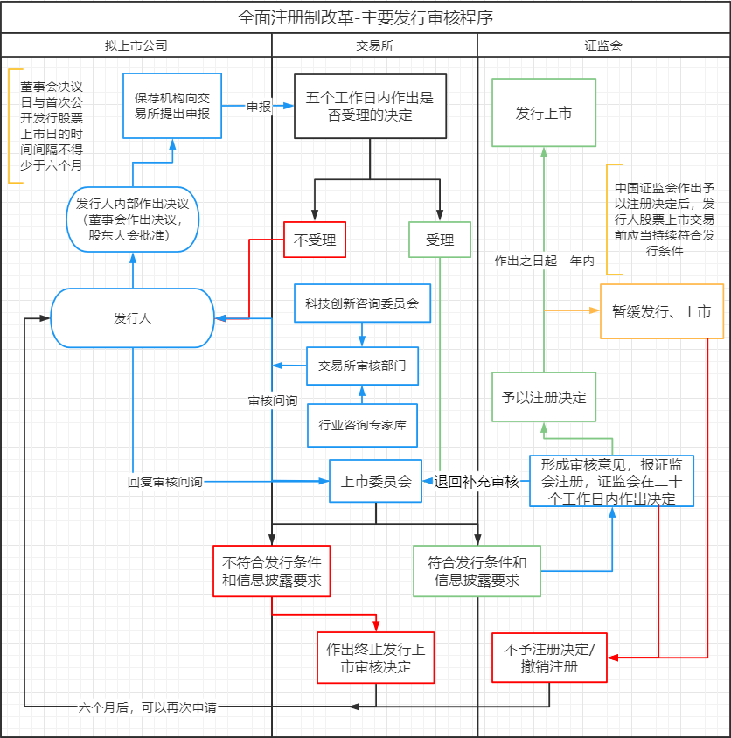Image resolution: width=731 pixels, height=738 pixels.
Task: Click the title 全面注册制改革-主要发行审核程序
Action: [365, 17]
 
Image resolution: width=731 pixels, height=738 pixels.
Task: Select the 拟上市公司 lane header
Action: [136, 45]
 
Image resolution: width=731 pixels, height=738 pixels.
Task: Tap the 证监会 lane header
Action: [603, 45]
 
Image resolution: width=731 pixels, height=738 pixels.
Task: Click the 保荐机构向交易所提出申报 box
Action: [172, 106]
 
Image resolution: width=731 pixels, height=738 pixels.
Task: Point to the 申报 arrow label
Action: [259, 107]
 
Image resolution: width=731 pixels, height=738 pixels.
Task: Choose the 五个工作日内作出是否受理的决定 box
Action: [371, 106]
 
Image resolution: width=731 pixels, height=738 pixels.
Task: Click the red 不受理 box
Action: [315, 240]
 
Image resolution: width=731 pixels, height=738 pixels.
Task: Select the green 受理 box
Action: [440, 240]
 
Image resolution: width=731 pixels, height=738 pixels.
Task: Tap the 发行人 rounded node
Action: [132, 318]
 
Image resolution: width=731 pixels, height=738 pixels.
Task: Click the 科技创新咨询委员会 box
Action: [362, 303]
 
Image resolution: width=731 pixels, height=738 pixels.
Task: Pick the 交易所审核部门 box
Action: [362, 366]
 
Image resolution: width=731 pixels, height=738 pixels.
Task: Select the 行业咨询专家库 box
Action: [362, 426]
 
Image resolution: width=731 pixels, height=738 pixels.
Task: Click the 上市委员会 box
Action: [376, 481]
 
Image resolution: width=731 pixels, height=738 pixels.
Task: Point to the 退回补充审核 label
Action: [477, 481]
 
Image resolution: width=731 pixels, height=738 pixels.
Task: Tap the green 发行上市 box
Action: [543, 113]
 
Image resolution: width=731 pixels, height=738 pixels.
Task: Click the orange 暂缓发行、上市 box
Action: [662, 311]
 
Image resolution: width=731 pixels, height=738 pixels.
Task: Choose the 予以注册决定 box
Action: [543, 397]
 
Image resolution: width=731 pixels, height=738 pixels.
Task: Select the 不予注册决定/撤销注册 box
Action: [549, 658]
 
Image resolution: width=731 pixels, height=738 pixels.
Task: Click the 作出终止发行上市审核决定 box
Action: [376, 658]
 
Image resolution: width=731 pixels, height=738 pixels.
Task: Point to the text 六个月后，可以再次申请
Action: [147, 707]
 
